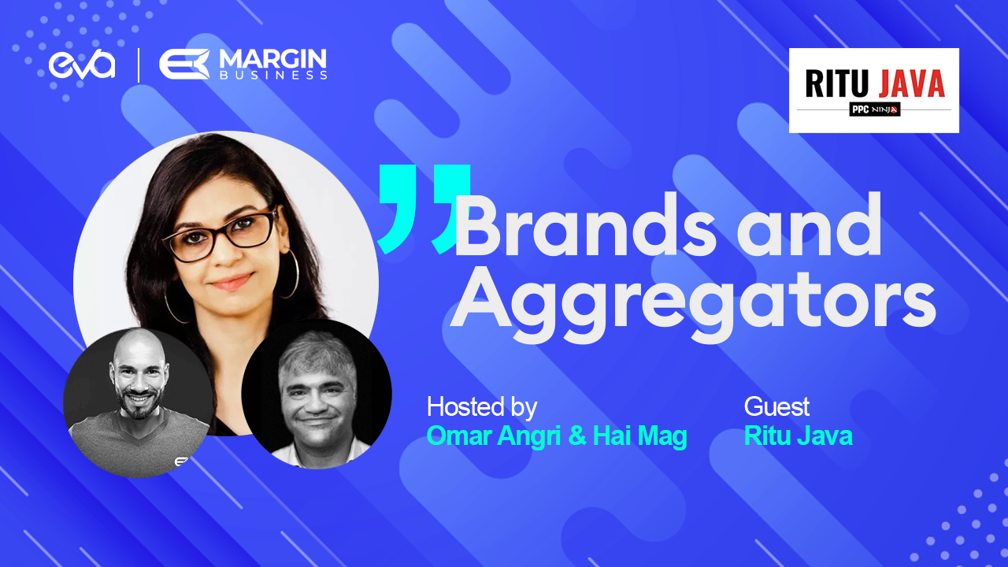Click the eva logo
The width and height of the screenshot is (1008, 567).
click(x=82, y=65)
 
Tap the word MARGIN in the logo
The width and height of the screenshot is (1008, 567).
click(x=272, y=59)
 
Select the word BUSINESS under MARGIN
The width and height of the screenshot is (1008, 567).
click(x=273, y=75)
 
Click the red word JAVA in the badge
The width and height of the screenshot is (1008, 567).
click(x=912, y=83)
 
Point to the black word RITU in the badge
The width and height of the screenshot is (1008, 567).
click(x=836, y=83)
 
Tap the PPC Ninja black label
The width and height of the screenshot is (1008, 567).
click(x=874, y=109)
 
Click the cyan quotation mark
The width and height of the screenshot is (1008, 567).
click(x=424, y=209)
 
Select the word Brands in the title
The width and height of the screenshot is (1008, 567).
click(x=585, y=225)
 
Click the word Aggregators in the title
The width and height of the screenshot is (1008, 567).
click(x=693, y=302)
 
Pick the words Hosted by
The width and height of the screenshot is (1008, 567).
click(x=482, y=407)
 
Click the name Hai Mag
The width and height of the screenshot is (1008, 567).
click(x=640, y=435)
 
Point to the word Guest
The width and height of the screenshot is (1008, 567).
click(x=776, y=407)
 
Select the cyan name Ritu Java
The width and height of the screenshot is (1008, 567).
click(x=799, y=435)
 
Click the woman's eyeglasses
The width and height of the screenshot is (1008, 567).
click(x=220, y=235)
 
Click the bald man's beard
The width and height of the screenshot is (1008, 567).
click(x=139, y=402)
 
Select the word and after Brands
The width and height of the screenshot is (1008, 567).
click(x=809, y=225)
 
